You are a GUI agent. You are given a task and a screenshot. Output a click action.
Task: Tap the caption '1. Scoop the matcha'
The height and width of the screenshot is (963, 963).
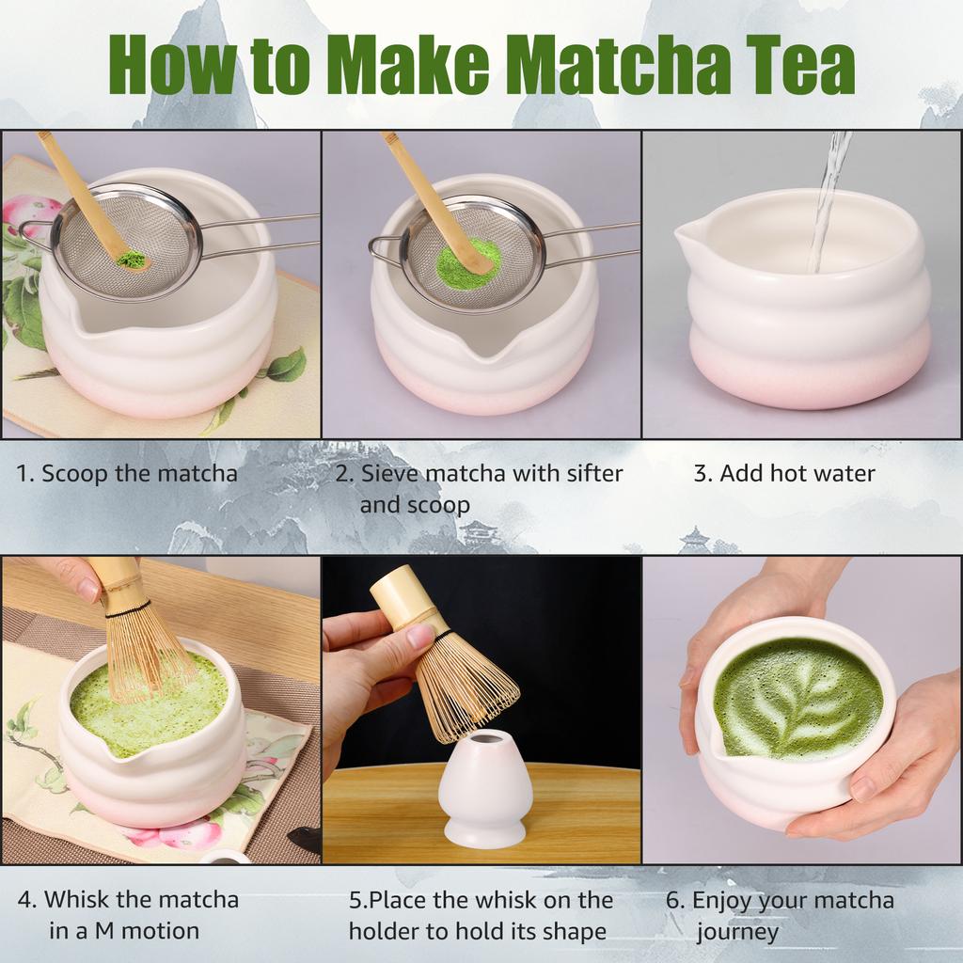[x=127, y=473]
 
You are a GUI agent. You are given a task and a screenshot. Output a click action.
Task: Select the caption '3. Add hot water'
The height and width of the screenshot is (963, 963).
[x=783, y=473]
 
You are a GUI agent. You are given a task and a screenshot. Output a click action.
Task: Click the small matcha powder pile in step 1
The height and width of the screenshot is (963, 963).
[x=133, y=259]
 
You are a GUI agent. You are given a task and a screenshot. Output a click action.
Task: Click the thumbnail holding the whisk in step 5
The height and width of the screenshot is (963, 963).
[x=419, y=637]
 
